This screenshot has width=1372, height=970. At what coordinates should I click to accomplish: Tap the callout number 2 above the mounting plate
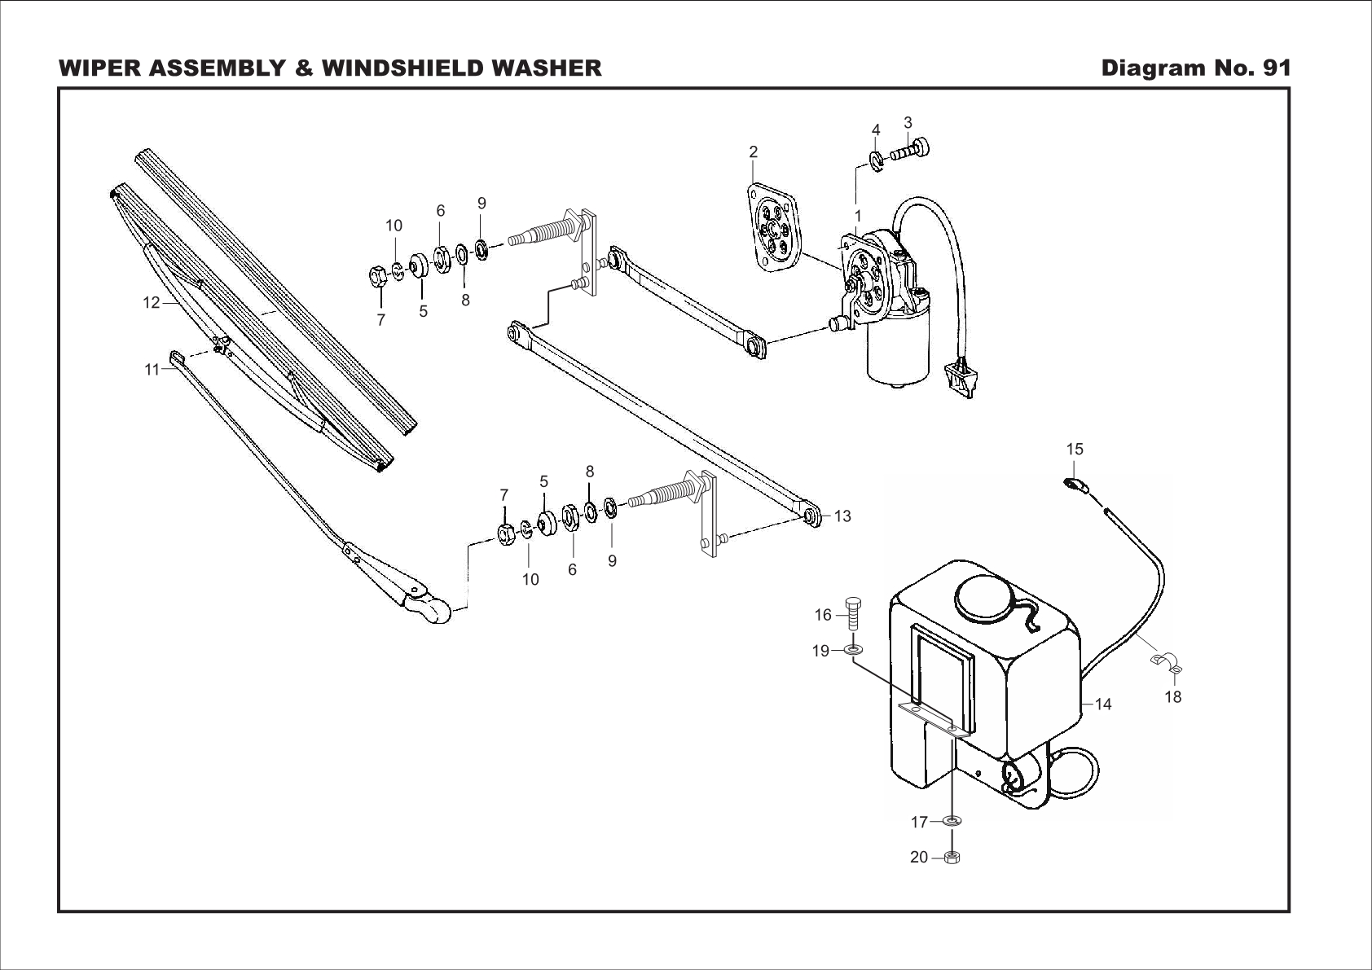(754, 152)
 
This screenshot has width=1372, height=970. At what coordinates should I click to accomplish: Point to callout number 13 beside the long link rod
(842, 516)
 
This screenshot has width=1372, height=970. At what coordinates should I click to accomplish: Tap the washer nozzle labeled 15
(1075, 486)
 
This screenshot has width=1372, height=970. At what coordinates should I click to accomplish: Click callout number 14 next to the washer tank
(1103, 704)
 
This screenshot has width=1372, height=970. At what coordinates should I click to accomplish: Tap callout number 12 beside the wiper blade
(152, 303)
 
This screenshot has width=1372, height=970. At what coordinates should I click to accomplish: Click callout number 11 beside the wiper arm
(152, 370)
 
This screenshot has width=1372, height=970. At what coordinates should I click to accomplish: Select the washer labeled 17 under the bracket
(952, 822)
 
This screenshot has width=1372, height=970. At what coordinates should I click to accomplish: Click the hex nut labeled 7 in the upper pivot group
(378, 278)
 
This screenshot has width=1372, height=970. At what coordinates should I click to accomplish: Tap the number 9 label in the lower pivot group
(612, 561)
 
